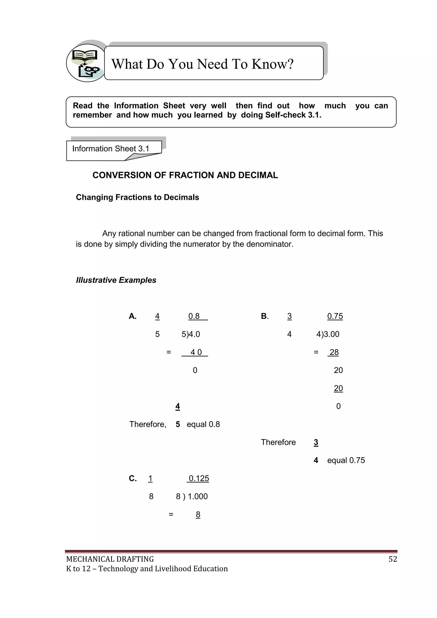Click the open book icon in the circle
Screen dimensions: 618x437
[85, 56]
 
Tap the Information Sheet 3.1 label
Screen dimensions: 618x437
[110, 149]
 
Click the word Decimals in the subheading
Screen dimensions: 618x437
[181, 197]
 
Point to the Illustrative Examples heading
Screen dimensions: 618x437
[116, 280]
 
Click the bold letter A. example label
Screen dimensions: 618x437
[133, 316]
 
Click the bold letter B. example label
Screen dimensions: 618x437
[265, 316]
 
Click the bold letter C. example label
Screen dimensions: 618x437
[133, 478]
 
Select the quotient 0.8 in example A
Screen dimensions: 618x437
[194, 316]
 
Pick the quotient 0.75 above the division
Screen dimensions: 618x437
[335, 316]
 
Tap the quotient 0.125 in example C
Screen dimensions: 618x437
[199, 478]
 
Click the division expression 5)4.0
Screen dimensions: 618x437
[191, 334]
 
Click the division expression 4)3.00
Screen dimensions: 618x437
[328, 334]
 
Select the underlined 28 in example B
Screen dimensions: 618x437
[334, 352]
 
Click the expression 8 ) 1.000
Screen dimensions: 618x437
[192, 496]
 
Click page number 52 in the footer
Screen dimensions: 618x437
[393, 559]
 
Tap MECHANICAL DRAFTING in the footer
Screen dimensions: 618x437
[110, 559]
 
